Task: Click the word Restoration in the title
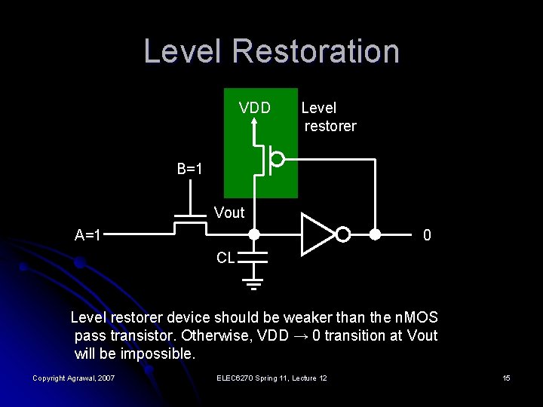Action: click(316, 51)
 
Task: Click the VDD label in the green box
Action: click(255, 108)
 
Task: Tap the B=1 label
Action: click(190, 169)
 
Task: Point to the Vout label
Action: click(229, 213)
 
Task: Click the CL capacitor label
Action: click(225, 258)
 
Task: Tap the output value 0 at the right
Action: click(427, 236)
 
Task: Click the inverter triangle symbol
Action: click(317, 234)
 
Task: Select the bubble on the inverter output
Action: click(343, 235)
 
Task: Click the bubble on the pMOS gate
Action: click(278, 159)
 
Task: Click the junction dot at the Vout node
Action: click(255, 234)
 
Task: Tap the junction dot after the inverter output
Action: click(375, 234)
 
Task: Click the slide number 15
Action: click(507, 378)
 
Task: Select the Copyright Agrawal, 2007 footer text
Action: click(74, 378)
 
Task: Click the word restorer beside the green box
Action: click(330, 126)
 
